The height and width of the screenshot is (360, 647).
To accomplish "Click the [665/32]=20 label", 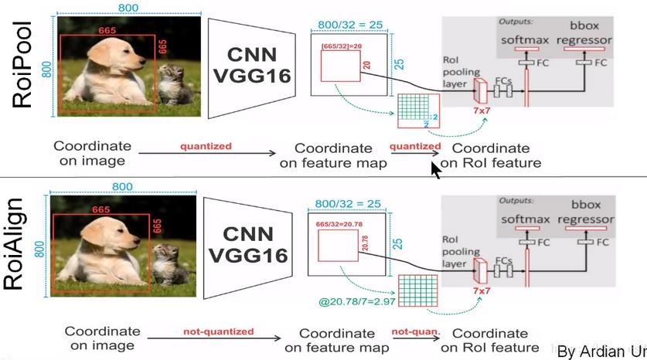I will click(338, 48).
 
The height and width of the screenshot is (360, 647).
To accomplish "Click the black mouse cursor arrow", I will click(436, 169).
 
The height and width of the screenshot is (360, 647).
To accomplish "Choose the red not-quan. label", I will click(415, 331).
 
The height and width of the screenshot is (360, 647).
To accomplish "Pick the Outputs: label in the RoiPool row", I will click(516, 21).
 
